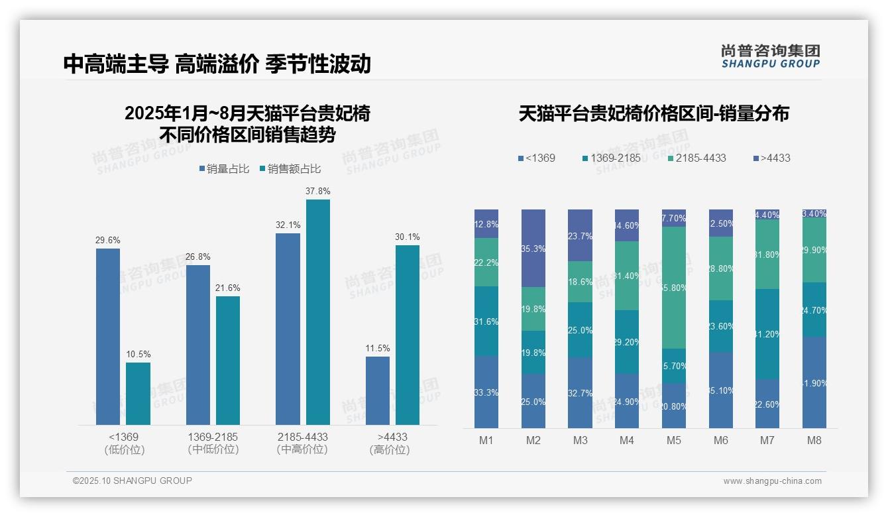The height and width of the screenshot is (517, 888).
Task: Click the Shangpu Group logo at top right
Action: (770, 56)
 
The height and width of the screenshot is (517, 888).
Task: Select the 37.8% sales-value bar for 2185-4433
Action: (317, 312)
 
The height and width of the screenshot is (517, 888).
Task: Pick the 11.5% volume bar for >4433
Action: (378, 390)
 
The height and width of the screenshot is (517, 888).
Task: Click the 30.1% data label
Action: (408, 237)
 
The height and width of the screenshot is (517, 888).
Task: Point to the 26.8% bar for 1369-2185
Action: (198, 345)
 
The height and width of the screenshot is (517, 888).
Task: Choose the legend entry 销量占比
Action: (224, 169)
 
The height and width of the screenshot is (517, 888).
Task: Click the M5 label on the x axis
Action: (674, 440)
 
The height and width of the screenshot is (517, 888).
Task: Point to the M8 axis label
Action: (814, 440)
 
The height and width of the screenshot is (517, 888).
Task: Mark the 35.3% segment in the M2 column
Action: (533, 249)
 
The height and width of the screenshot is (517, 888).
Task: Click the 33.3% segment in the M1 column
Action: (486, 392)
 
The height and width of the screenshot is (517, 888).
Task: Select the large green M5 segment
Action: (674, 288)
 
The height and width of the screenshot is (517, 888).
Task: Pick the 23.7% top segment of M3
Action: (580, 235)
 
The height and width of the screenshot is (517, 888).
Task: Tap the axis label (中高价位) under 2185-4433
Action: (302, 449)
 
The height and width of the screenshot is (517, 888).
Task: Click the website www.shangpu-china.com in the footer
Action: (772, 481)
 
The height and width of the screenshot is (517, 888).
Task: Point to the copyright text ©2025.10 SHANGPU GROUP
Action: (133, 481)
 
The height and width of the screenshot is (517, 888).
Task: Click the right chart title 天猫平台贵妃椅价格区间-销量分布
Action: (653, 113)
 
